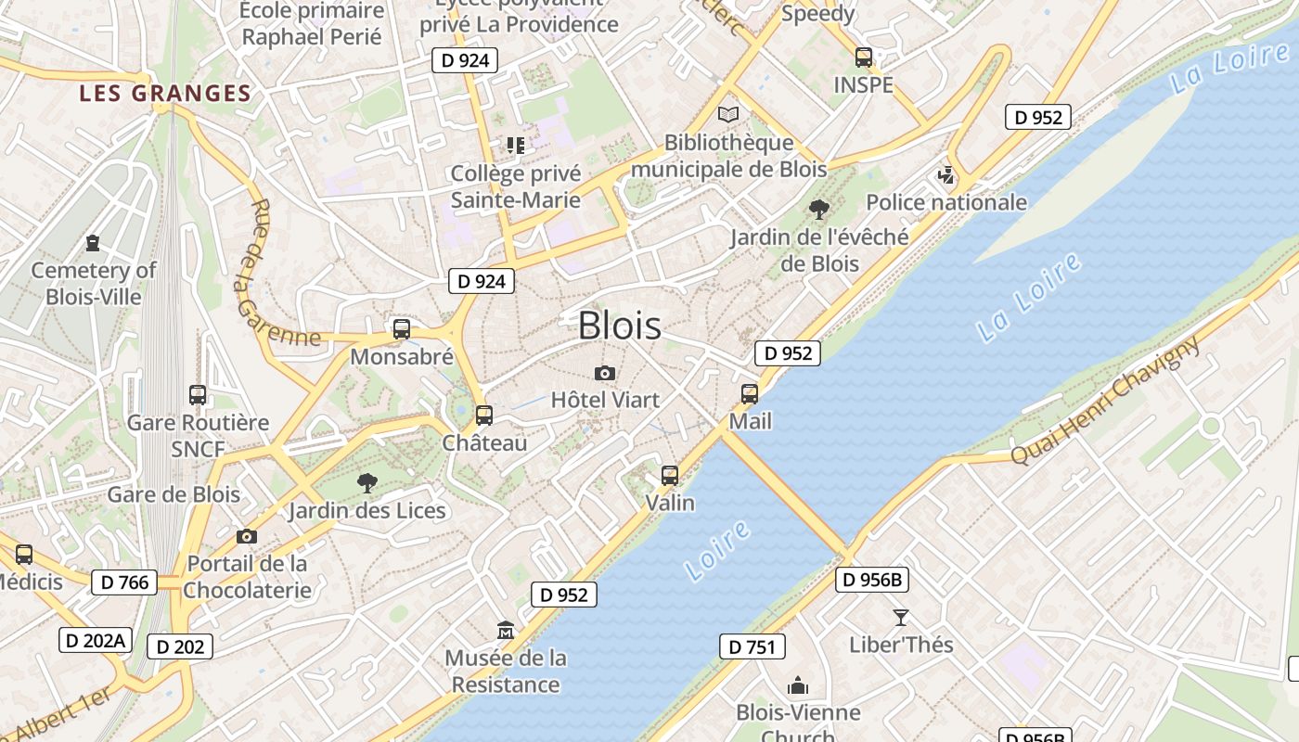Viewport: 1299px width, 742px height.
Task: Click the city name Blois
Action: (620, 326)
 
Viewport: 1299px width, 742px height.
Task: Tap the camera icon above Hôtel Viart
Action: (605, 373)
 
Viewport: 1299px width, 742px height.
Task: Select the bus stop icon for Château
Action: (483, 416)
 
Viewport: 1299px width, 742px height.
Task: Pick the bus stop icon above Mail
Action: (750, 394)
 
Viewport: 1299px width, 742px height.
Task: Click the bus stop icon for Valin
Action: (670, 476)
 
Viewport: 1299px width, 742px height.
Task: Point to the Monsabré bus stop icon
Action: (402, 329)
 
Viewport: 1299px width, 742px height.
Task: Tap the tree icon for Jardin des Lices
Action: (367, 482)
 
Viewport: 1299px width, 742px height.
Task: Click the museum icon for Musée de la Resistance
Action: (506, 631)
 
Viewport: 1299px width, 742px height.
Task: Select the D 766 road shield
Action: (124, 582)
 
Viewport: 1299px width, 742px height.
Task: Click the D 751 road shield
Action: (752, 646)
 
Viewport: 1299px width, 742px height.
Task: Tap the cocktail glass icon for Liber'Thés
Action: (900, 617)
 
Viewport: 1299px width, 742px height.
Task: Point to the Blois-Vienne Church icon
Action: (798, 686)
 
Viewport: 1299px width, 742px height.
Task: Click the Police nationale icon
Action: (946, 174)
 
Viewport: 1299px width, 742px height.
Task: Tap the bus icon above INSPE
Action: (864, 58)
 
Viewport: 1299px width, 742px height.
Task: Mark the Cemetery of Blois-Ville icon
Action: (93, 243)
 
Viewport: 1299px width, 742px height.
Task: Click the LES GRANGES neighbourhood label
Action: (165, 94)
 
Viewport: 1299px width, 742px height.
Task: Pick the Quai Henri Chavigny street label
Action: (1106, 401)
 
